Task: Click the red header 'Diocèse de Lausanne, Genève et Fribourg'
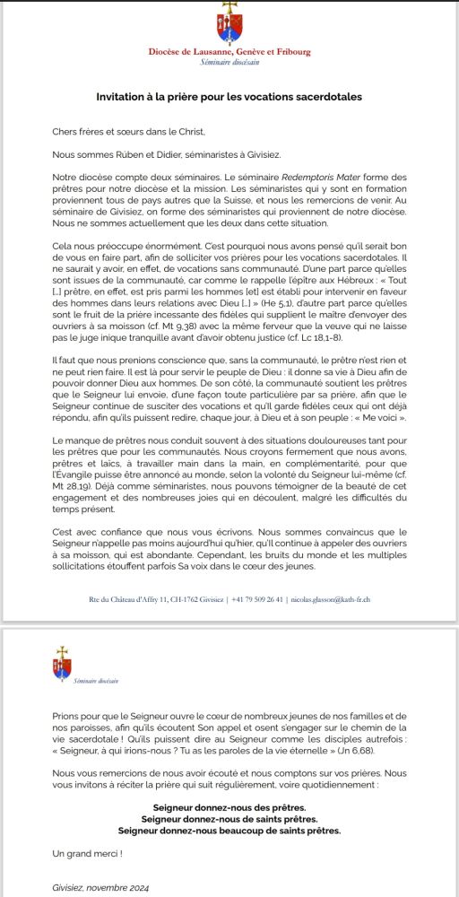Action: (x=229, y=52)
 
